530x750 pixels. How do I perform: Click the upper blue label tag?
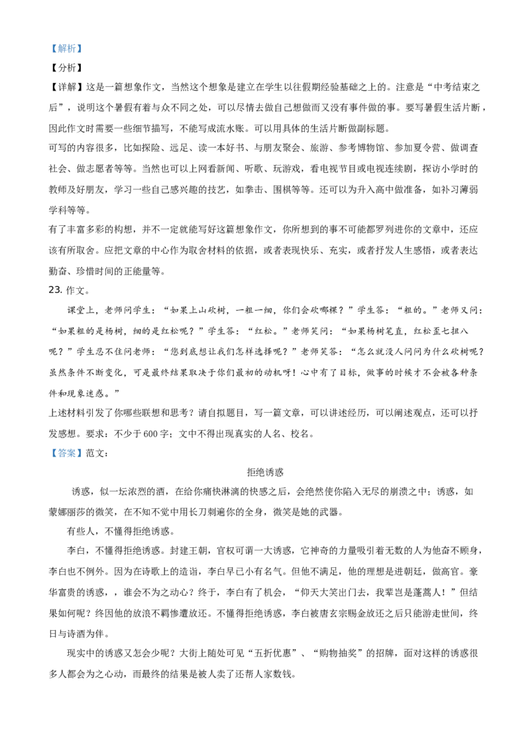(x=66, y=48)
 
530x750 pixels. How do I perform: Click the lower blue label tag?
(x=66, y=454)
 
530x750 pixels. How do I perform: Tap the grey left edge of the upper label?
(x=49, y=48)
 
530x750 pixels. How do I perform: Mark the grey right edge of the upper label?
(x=83, y=48)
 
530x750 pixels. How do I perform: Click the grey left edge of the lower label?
(x=49, y=454)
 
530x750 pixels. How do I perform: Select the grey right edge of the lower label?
(x=83, y=454)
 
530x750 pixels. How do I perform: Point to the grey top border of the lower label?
(x=66, y=447)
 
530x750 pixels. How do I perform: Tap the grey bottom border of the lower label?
(x=66, y=460)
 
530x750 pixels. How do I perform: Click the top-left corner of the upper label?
(x=49, y=43)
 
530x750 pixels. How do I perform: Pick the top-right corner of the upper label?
(x=83, y=43)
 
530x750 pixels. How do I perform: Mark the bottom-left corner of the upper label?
(x=49, y=53)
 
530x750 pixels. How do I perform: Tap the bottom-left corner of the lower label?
(x=49, y=460)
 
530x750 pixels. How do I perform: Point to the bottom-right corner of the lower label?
(x=83, y=460)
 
